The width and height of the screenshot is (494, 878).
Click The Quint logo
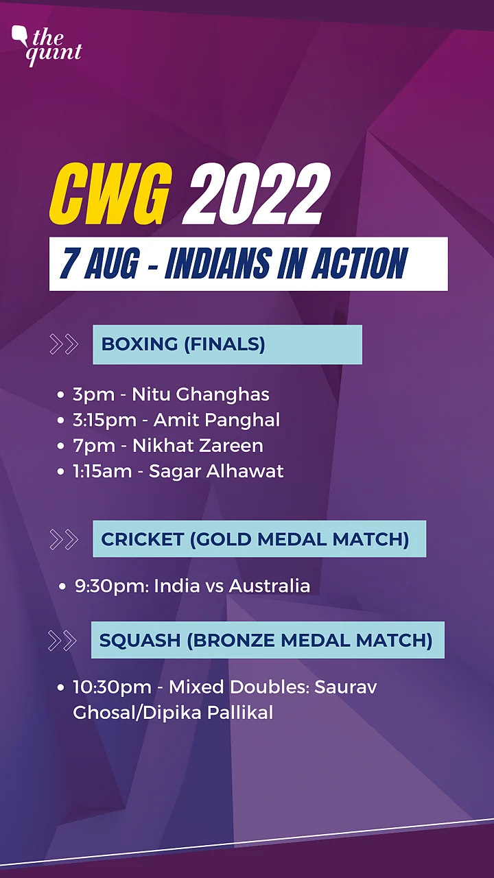[46, 46]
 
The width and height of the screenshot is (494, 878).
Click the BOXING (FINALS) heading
[183, 344]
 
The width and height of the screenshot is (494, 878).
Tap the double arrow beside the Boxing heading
[64, 344]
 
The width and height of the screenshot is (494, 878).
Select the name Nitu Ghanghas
[200, 394]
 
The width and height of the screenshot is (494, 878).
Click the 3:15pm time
[104, 420]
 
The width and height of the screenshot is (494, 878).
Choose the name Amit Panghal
[217, 420]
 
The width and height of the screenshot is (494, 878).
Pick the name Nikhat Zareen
[198, 446]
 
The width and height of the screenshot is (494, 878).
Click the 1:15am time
[102, 471]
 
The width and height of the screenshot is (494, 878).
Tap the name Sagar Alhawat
[216, 471]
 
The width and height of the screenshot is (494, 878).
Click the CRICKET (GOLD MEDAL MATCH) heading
[255, 539]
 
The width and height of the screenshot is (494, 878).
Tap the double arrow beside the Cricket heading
[64, 539]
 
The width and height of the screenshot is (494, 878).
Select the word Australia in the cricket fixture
[270, 586]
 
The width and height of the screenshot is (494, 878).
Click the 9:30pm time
[110, 586]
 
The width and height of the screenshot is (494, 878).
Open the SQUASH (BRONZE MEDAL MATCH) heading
[266, 640]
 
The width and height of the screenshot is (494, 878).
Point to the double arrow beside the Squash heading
[62, 641]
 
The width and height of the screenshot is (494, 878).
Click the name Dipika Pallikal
[208, 713]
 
